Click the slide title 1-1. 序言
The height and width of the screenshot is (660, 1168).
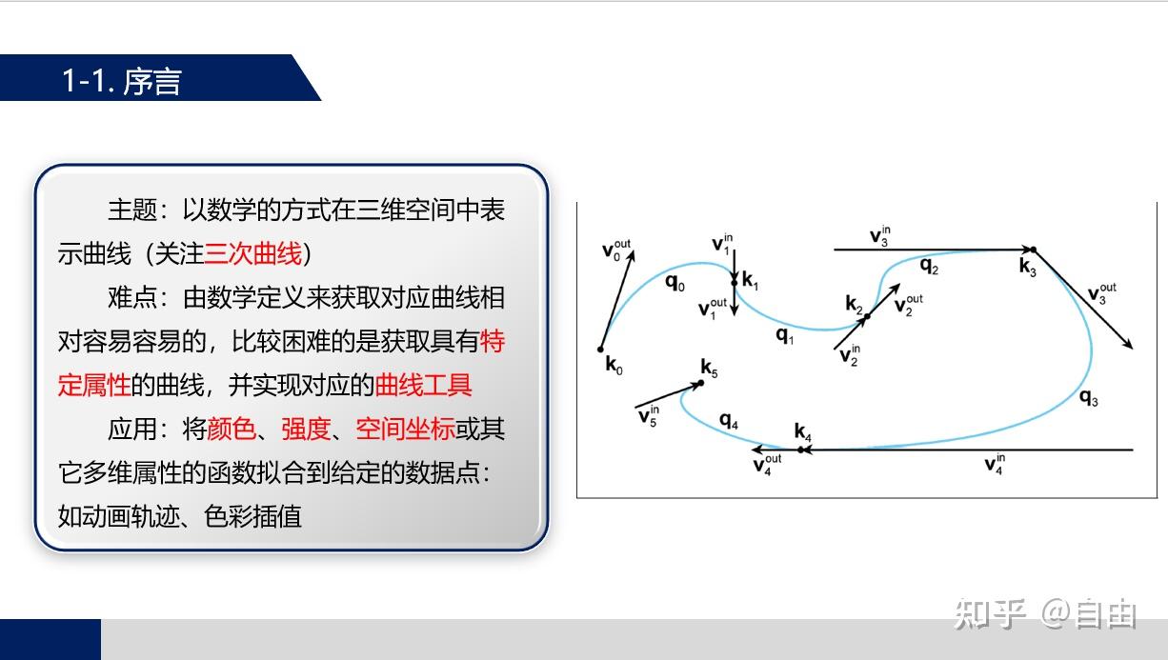[x=122, y=81]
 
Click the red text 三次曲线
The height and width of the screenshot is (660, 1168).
[x=253, y=254]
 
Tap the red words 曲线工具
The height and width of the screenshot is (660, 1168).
[x=423, y=386]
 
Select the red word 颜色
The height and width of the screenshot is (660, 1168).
[x=232, y=430]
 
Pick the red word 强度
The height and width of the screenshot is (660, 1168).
[x=306, y=430]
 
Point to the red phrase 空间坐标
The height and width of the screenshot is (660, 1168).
[x=405, y=430]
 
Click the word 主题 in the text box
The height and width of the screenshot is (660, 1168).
[x=133, y=210]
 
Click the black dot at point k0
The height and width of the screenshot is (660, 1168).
[x=601, y=350]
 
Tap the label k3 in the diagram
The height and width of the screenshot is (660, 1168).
[x=1028, y=268]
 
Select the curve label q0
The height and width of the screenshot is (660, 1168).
[x=675, y=283]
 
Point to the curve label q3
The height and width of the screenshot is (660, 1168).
[x=1089, y=398]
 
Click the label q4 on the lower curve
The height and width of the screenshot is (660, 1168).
[x=729, y=420]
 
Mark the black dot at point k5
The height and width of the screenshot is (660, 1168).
[x=701, y=383]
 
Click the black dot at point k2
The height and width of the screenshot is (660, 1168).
[x=867, y=316]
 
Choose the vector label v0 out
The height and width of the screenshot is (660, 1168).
[x=616, y=250]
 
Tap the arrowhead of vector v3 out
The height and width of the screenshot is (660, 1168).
[x=1128, y=344]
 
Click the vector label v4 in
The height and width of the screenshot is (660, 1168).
[x=995, y=464]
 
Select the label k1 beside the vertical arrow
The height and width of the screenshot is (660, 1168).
[x=750, y=281]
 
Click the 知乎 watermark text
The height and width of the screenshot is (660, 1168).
[x=989, y=614]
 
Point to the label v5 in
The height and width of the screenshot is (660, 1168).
[x=649, y=416]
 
